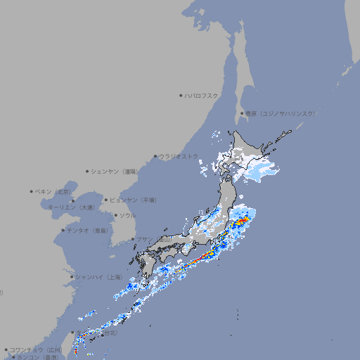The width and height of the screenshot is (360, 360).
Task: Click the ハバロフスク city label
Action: [202, 95]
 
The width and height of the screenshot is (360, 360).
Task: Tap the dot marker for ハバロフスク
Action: [181, 95]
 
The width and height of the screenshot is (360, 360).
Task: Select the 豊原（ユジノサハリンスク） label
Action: [281, 113]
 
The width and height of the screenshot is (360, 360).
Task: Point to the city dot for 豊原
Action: [242, 113]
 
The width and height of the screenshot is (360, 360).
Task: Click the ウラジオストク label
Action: [179, 156]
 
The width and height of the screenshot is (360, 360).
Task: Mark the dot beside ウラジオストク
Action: [155, 156]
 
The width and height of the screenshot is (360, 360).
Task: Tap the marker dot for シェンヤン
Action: [88, 171]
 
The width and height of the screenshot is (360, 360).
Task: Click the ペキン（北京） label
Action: [54, 191]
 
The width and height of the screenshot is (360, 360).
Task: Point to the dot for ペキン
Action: [32, 191]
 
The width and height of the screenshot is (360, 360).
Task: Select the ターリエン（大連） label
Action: [71, 207]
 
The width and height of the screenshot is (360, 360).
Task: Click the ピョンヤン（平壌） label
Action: [134, 200]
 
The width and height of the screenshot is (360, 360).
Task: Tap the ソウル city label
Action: [127, 215]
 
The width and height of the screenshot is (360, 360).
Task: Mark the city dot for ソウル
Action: [115, 215]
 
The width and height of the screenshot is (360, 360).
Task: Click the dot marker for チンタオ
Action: [63, 230]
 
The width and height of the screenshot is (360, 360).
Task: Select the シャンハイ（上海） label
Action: [98, 277]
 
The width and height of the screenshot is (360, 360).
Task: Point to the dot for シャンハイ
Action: [72, 277]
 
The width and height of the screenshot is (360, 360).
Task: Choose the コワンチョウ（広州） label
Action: [36, 349]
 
